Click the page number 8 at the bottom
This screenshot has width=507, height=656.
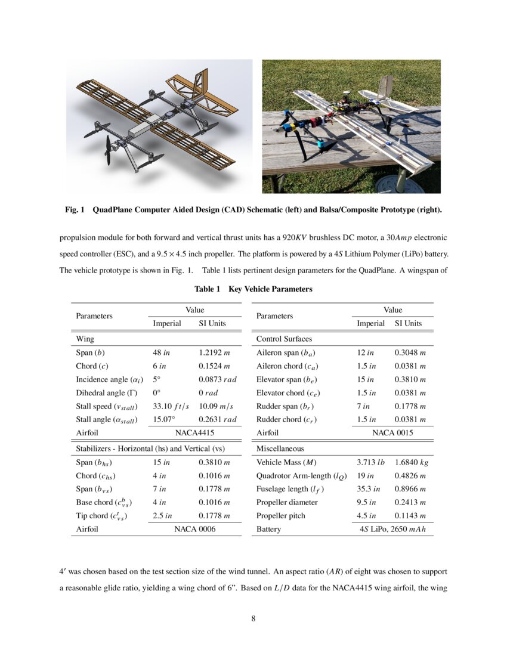[253, 618]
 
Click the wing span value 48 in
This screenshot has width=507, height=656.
[162, 352]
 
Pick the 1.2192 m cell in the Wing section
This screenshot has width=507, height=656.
[214, 352]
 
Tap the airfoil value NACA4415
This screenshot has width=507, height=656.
[194, 433]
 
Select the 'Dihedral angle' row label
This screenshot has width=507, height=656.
[101, 392]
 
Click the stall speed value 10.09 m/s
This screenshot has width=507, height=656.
[217, 406]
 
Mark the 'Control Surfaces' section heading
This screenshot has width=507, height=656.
[284, 339]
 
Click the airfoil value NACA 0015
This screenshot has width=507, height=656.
[392, 433]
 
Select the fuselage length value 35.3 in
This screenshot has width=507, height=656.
[369, 489]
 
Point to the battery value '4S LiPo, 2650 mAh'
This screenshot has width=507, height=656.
[392, 529]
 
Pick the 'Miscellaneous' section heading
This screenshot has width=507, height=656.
[280, 448]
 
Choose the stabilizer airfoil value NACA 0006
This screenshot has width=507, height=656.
[194, 529]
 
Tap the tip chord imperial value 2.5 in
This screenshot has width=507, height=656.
[163, 516]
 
